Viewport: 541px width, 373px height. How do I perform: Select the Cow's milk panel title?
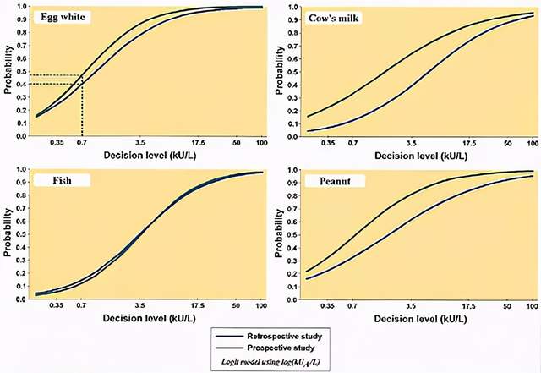[330, 17]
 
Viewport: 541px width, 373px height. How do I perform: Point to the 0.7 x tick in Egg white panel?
[82, 143]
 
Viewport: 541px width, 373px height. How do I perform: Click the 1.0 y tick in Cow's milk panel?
[290, 6]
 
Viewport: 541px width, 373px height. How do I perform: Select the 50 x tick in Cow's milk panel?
[507, 144]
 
